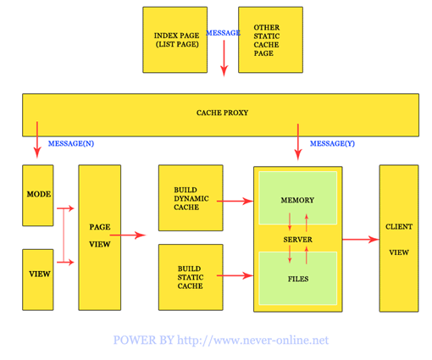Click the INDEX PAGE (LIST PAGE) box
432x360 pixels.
click(175, 40)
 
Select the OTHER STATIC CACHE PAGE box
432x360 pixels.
click(270, 40)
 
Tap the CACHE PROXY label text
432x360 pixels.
click(222, 113)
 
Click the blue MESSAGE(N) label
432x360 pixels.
click(71, 143)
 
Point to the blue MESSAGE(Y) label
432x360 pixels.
click(332, 143)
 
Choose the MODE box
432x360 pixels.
click(38, 196)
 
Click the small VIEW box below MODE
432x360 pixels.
click(38, 280)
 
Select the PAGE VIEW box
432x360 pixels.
click(100, 238)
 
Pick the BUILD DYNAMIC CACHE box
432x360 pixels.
click(191, 198)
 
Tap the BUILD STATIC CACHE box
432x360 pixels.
click(191, 277)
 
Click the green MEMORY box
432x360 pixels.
click(298, 198)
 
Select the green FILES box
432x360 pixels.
click(298, 279)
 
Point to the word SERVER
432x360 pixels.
click(298, 240)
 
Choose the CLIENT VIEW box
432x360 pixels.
click(399, 238)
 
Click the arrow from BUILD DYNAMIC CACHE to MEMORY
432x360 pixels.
click(235, 201)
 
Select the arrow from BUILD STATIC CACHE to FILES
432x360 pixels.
click(235, 275)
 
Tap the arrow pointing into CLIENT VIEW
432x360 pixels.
click(361, 240)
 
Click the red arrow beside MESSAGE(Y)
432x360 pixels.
click(298, 142)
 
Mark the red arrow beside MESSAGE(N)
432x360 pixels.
click(37, 140)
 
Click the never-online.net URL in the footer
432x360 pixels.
click(252, 340)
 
